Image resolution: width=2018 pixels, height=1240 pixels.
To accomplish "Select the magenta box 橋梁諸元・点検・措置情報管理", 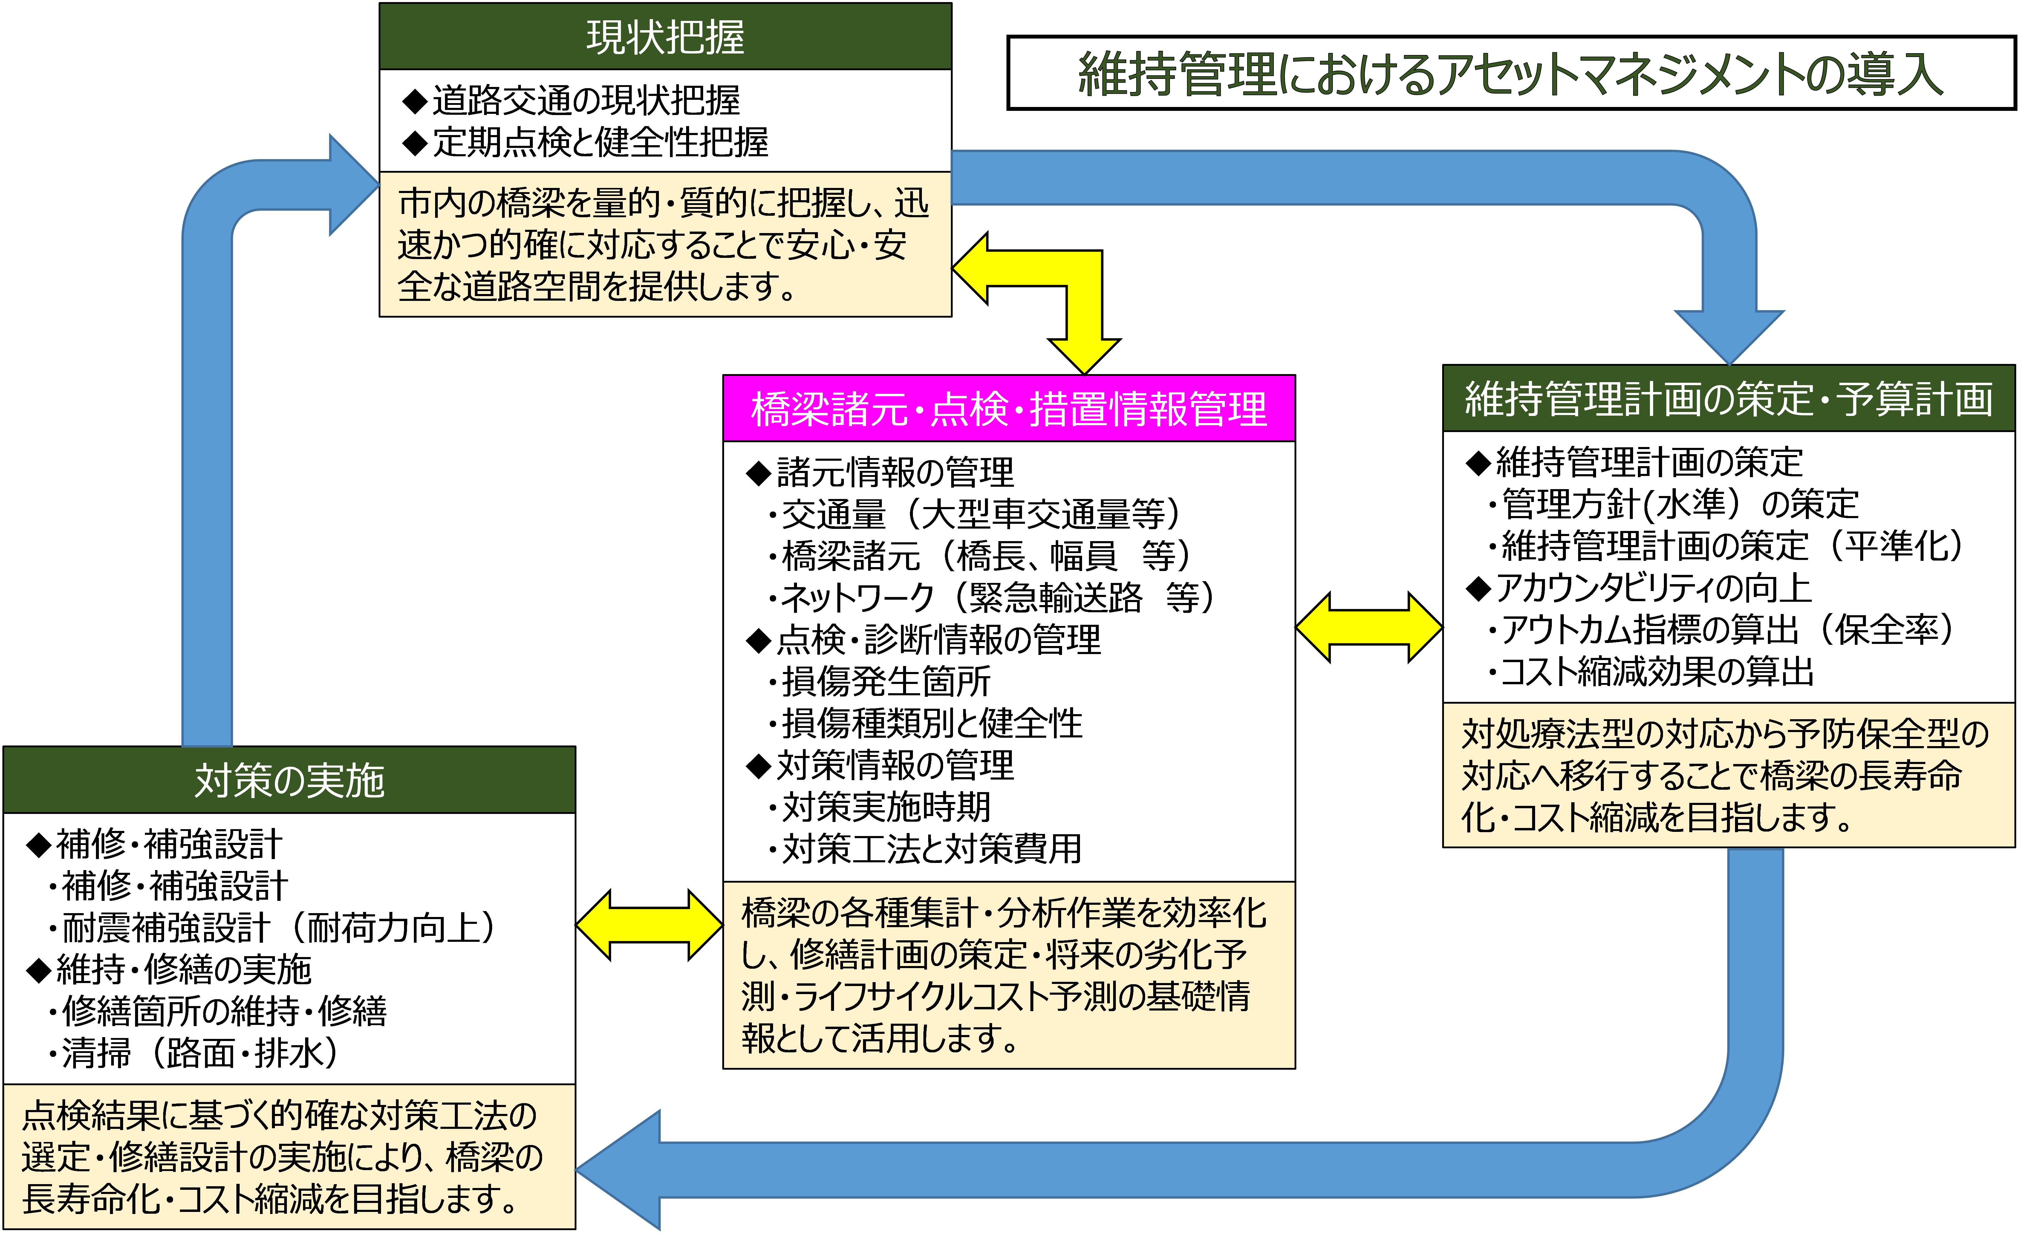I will (1009, 408).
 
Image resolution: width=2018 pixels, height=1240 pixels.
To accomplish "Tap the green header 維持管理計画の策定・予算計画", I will (1728, 399).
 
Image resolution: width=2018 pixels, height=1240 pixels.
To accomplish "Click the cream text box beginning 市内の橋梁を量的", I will (665, 244).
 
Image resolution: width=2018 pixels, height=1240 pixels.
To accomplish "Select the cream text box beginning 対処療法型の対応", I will (1728, 775).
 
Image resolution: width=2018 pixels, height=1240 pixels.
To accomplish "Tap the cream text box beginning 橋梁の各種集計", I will (1009, 975).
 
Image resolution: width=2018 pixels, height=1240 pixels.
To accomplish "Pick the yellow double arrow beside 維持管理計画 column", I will (1369, 627).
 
